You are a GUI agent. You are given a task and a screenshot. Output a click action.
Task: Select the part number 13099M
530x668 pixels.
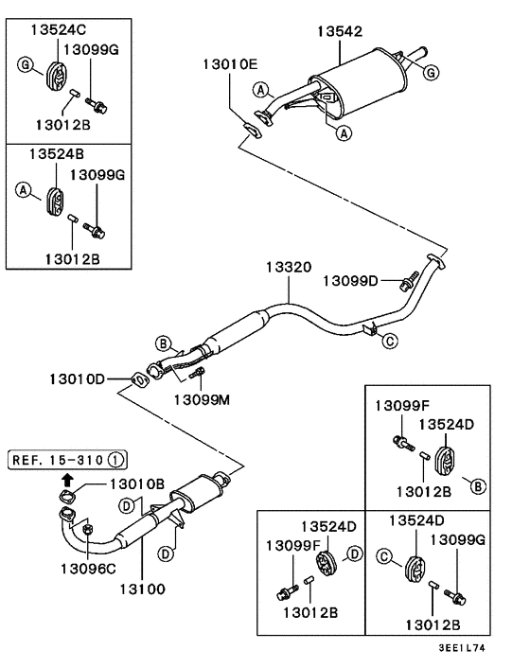pyautogui.click(x=202, y=398)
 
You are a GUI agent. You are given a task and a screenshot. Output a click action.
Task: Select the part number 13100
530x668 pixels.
pyautogui.click(x=140, y=589)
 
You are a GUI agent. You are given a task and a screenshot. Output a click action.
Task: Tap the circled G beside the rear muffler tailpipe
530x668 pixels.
pyautogui.click(x=431, y=71)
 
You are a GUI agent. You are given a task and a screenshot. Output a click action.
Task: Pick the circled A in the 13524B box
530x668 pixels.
pyautogui.click(x=21, y=189)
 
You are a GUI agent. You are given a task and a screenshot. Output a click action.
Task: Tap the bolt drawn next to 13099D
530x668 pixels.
pyautogui.click(x=410, y=281)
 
